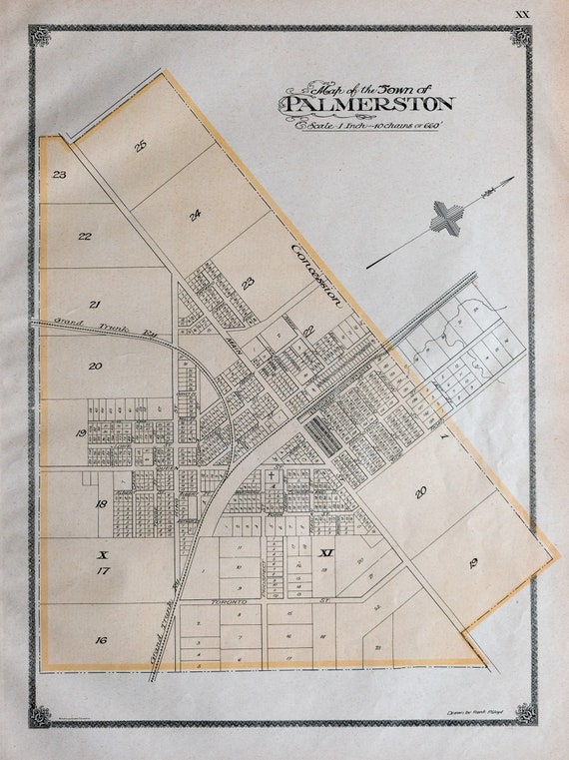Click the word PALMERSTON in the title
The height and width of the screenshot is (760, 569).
click(369, 104)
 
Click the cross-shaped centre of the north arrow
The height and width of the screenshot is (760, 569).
click(447, 219)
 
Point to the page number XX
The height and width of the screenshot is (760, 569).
click(521, 13)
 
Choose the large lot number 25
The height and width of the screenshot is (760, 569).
click(141, 146)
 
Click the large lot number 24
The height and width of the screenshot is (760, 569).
click(195, 214)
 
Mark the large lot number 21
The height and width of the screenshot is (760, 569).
click(95, 304)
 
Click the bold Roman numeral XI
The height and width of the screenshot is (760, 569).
click(324, 551)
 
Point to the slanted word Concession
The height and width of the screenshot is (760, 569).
click(317, 274)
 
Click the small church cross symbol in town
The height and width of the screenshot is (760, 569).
click(269, 477)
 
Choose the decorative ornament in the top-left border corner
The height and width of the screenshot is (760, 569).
click(40, 37)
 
